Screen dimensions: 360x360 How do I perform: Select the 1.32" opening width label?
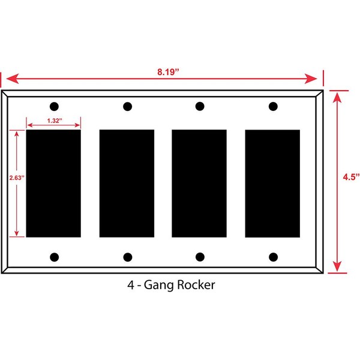(53, 120)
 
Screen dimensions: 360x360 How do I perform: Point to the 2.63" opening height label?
(9, 178)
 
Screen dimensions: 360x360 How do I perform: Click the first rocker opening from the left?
(53, 183)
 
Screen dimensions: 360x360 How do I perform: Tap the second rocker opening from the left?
(127, 183)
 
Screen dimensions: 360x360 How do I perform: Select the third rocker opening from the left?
(199, 183)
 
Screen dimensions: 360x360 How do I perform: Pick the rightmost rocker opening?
(272, 183)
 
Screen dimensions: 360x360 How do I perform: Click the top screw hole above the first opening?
(54, 107)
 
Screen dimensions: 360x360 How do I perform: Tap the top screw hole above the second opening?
(127, 107)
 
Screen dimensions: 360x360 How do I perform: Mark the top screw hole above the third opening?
(199, 107)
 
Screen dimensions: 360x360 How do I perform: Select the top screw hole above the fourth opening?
(273, 107)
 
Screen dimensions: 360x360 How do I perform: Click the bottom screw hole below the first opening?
(54, 257)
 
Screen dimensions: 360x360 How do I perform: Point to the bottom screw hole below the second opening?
(127, 257)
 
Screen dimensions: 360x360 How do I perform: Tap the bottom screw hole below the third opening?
(199, 257)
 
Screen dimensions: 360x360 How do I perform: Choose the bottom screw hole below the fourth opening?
(273, 257)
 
